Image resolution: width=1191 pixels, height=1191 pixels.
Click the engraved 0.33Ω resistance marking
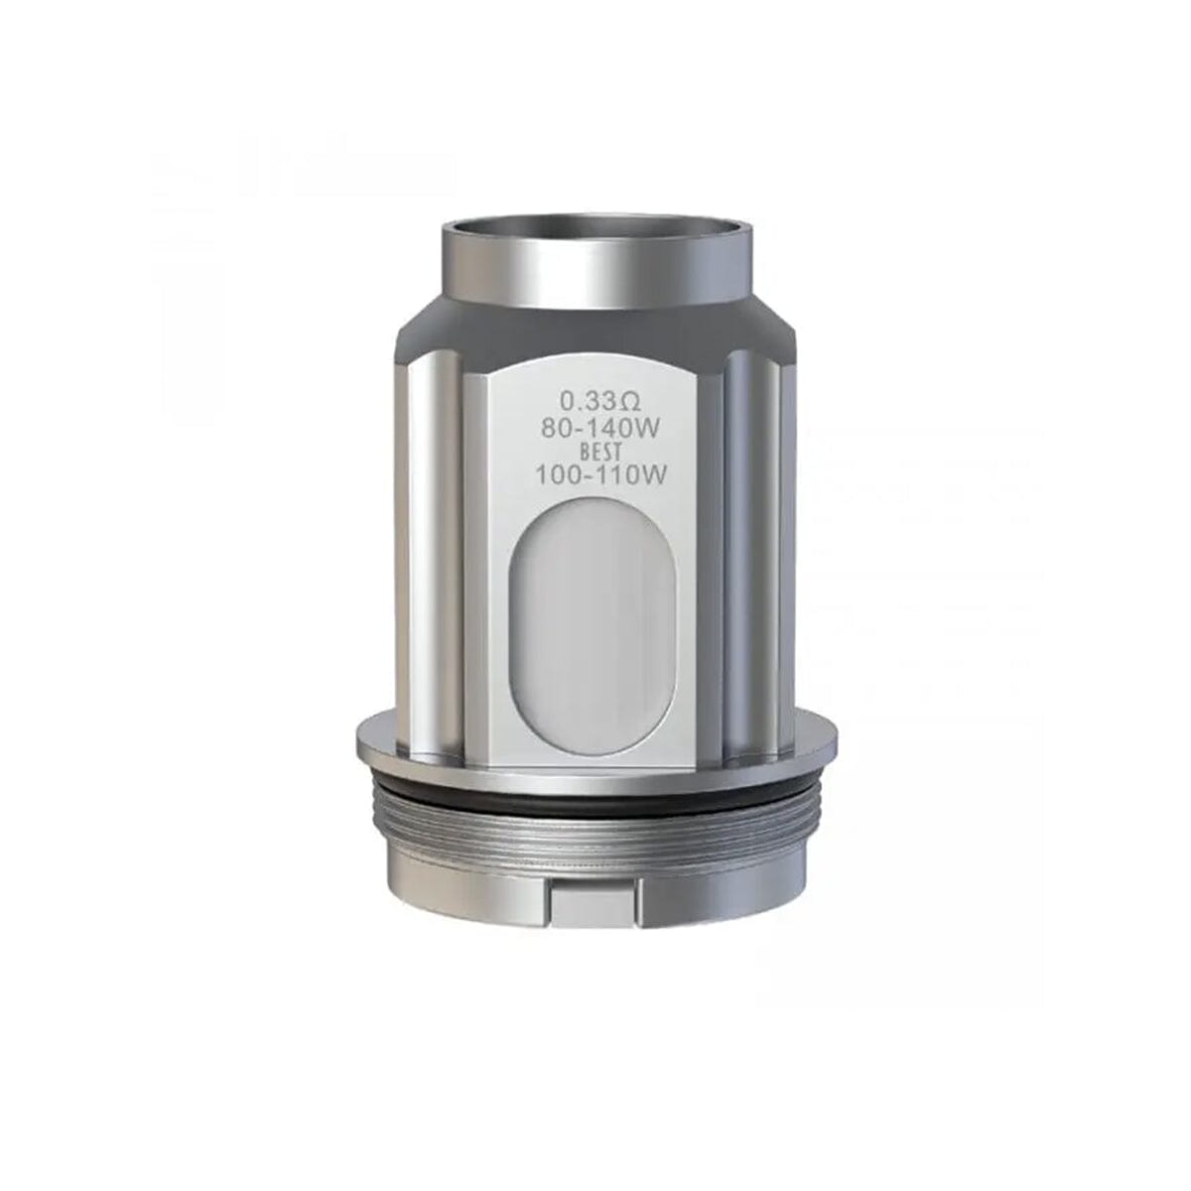click(595, 402)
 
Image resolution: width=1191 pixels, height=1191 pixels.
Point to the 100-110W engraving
click(598, 474)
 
